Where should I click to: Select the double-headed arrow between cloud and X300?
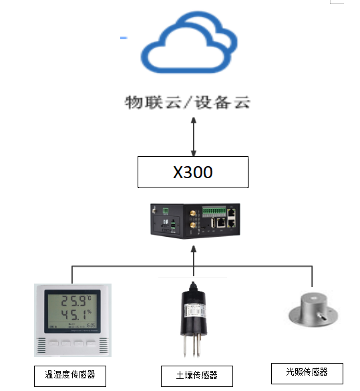click(x=194, y=137)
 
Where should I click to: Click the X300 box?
click(x=193, y=172)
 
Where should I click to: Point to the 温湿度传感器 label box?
click(x=69, y=374)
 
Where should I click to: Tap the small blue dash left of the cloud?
click(x=124, y=38)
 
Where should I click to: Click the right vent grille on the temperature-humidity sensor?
click(x=104, y=346)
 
